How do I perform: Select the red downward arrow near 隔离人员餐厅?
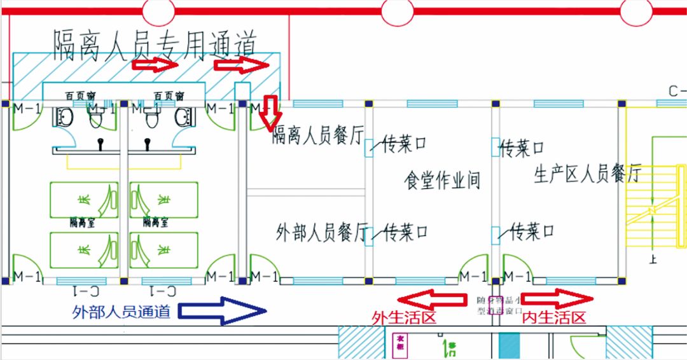click(x=271, y=111)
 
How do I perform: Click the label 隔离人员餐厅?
click(x=317, y=135)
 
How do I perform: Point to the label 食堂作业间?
click(x=442, y=180)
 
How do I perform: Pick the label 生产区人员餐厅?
click(x=587, y=173)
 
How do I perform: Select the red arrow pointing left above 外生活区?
click(x=431, y=298)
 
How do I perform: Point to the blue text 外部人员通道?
click(x=121, y=312)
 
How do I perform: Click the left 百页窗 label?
click(x=80, y=96)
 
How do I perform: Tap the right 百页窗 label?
click(x=169, y=96)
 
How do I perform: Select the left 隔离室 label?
click(x=83, y=223)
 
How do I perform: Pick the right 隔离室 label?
click(x=155, y=223)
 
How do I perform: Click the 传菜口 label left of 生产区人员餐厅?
click(x=522, y=149)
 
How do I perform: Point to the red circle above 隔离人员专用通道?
click(x=158, y=10)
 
